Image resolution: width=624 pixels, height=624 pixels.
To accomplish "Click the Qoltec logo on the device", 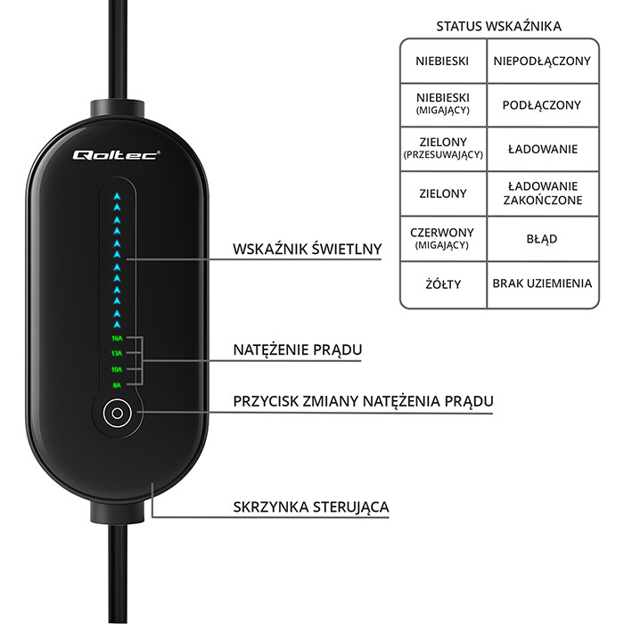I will click(x=115, y=154).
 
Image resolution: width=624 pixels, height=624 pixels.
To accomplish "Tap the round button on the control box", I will click(x=116, y=414).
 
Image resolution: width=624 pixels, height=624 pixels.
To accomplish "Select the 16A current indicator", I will click(x=116, y=339).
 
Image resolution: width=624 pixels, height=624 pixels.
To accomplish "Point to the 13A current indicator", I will click(x=116, y=354).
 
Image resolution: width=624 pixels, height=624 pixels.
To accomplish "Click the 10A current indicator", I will click(x=116, y=369).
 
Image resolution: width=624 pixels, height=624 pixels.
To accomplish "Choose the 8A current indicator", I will click(x=116, y=385).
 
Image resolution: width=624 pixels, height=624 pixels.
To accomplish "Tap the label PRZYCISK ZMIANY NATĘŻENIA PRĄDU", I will click(x=362, y=401).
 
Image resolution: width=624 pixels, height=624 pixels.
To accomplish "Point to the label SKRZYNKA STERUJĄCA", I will click(x=310, y=507).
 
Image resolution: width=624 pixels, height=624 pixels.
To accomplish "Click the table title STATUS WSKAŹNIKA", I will click(x=498, y=27).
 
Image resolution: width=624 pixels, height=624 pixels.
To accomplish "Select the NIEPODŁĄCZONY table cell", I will click(x=542, y=61).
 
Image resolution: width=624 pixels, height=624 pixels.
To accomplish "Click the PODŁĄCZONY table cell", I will click(x=542, y=105).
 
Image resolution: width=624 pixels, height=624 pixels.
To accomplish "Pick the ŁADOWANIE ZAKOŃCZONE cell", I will click(x=542, y=193).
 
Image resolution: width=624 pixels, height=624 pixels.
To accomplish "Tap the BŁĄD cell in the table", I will click(x=542, y=239).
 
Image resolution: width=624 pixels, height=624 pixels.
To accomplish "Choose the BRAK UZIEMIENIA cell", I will click(x=542, y=284).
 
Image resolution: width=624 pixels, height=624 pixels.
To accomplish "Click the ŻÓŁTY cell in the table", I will click(x=443, y=284).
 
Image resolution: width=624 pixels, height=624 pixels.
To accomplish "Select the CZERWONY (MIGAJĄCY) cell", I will click(x=443, y=238).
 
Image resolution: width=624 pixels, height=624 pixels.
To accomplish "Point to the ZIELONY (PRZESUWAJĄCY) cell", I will click(x=443, y=148).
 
